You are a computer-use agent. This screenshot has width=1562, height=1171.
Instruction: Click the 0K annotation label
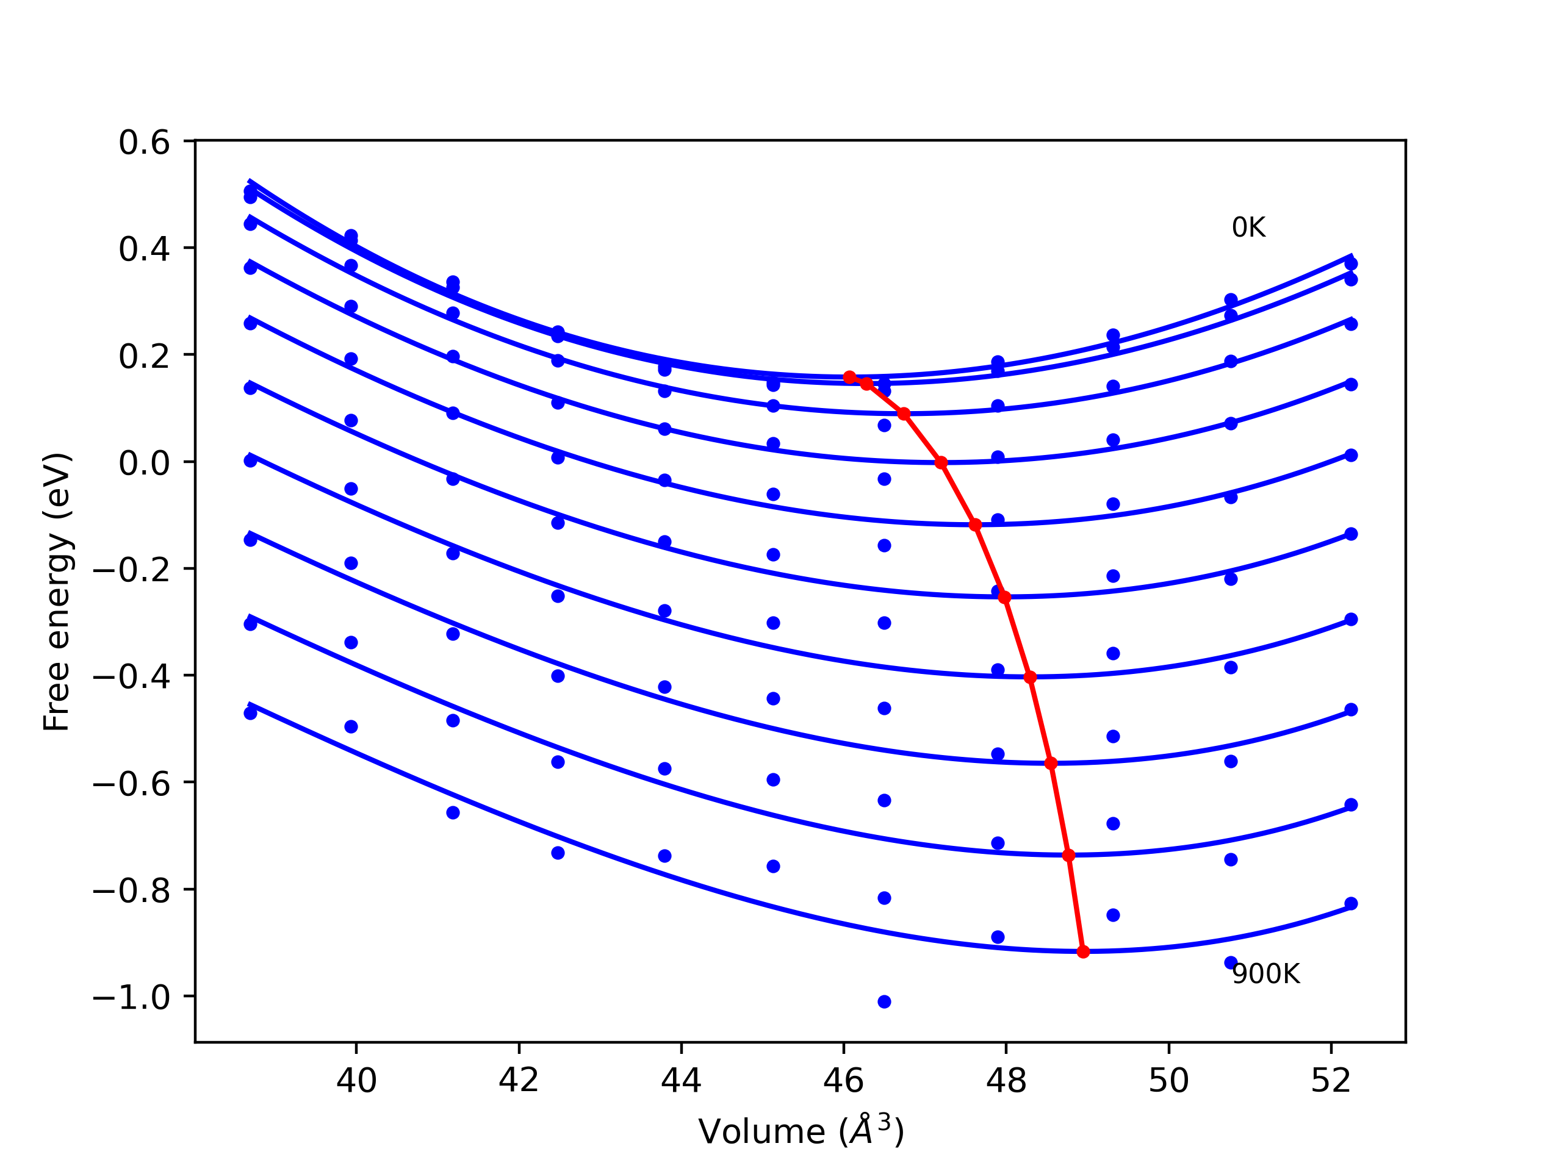click(x=1248, y=228)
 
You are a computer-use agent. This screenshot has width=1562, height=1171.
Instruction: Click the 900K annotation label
click(x=1265, y=975)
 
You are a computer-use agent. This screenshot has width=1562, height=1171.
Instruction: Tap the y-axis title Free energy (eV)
click(x=57, y=592)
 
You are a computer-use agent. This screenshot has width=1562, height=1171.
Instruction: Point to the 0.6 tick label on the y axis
click(x=144, y=143)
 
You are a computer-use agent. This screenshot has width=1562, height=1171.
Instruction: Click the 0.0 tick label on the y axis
click(x=144, y=464)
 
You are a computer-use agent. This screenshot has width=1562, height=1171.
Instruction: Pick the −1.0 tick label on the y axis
click(x=131, y=997)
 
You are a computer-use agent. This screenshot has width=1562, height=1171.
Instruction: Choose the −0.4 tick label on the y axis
click(x=131, y=677)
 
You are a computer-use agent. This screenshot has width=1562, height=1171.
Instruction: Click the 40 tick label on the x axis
click(x=356, y=1081)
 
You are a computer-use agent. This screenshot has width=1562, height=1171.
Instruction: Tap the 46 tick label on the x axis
click(x=843, y=1081)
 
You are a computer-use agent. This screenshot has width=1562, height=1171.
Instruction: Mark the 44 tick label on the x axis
click(x=681, y=1081)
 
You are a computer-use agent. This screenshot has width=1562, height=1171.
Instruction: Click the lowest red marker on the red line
click(x=1083, y=952)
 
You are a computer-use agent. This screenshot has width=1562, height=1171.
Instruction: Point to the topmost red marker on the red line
click(x=849, y=378)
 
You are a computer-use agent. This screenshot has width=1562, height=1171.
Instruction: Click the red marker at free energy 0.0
click(x=941, y=463)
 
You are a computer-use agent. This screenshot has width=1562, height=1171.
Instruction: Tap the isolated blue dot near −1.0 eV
click(x=884, y=1002)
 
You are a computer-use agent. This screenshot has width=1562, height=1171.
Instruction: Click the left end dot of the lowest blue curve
click(x=250, y=714)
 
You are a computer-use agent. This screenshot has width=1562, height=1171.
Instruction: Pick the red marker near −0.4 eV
click(x=1031, y=678)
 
